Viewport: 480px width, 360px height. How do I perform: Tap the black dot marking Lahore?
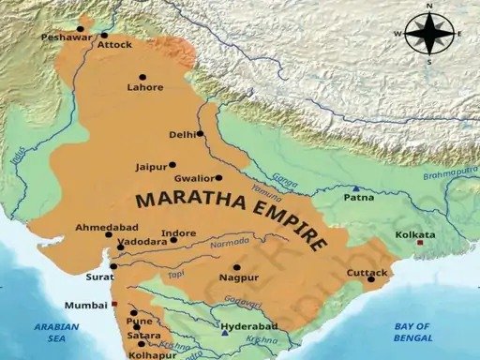point(143,77)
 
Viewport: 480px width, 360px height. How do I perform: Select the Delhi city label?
point(181,135)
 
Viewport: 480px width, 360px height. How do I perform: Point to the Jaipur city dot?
point(172,164)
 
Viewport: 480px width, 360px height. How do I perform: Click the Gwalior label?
point(194,177)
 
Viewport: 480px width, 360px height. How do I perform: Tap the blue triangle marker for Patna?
point(356,188)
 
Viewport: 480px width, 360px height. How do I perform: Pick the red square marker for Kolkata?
point(421,242)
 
